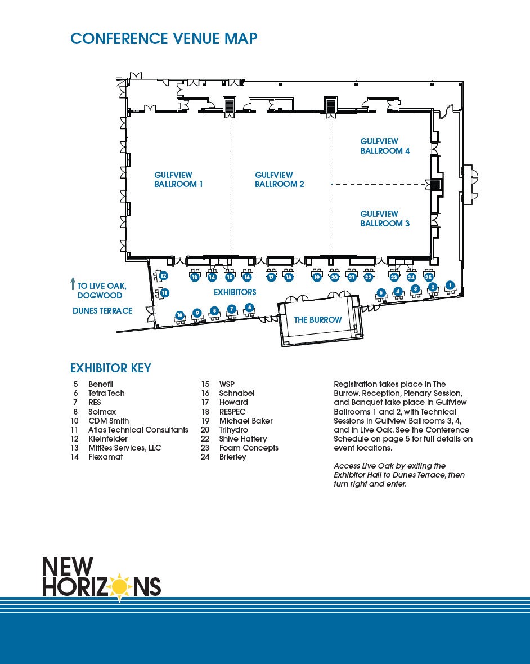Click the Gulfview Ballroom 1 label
[178, 180]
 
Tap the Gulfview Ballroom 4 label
[385, 146]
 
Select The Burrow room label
[318, 320]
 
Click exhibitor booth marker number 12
[163, 276]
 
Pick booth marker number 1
[450, 285]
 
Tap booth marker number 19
[317, 277]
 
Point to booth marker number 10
[180, 315]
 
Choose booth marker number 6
[249, 307]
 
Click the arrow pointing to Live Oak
[73, 283]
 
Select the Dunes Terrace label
[102, 311]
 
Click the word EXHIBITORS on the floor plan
[235, 292]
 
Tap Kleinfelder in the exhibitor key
[108, 439]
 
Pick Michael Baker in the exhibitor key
[246, 421]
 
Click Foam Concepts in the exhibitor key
[249, 448]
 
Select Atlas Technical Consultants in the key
[138, 430]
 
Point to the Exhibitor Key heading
[111, 368]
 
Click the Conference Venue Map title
[164, 38]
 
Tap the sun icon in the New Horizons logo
[119, 586]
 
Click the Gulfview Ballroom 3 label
[385, 219]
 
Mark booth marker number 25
[429, 277]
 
